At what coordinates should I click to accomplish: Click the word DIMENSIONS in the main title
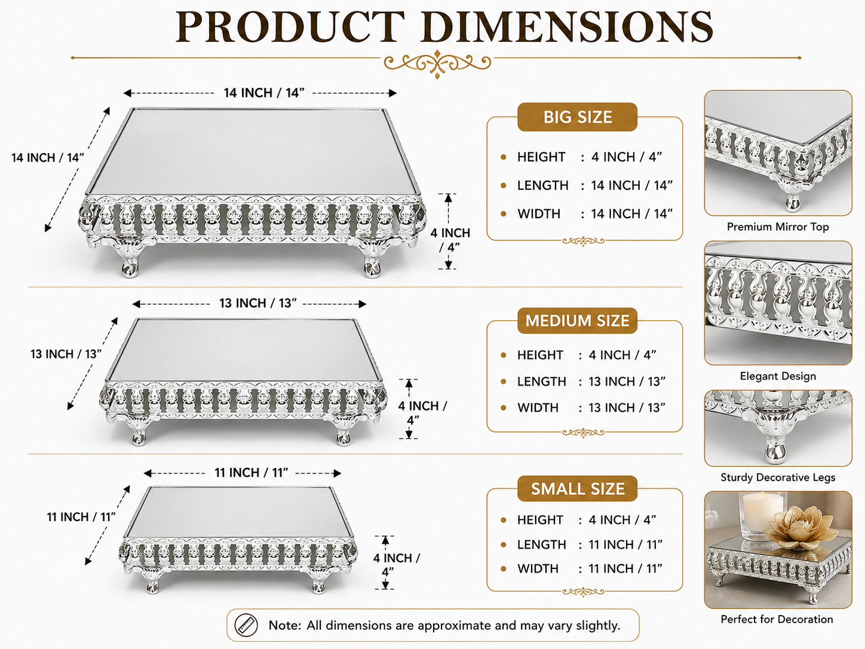pos(567,27)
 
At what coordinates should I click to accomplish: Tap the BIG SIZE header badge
pos(577,117)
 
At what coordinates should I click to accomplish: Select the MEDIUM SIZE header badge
pos(577,321)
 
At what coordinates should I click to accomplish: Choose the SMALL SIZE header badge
pos(577,489)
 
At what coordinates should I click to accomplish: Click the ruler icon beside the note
pos(246,625)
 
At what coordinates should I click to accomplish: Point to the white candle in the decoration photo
pos(762,515)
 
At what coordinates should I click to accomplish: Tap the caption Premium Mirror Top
pos(778,227)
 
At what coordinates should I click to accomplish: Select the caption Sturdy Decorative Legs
pos(778,477)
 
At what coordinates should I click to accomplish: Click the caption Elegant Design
pos(778,376)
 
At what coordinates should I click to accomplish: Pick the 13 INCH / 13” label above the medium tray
pos(258,303)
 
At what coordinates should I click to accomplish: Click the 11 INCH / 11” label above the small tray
pos(251,473)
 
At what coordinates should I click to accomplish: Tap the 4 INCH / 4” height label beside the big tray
pos(450,240)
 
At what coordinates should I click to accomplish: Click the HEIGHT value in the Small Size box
pos(622,520)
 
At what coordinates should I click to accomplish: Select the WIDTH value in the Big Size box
pos(631,213)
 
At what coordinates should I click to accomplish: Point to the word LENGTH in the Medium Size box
pos(542,381)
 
